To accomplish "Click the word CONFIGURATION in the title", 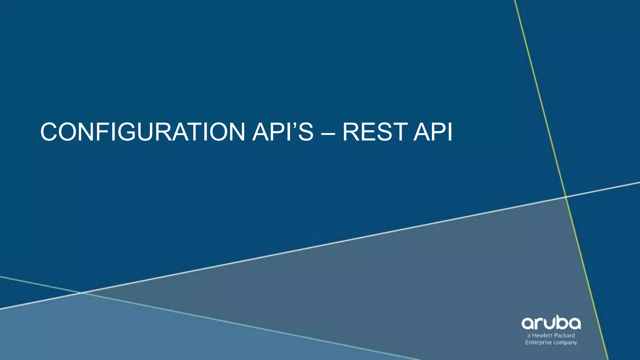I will pos(142,132).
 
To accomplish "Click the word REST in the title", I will pos(375,132).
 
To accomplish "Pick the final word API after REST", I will pos(433,132).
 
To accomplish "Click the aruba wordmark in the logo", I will pos(551,323).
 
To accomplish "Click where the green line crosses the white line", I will pos(566,197).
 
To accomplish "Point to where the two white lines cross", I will pos(81,293).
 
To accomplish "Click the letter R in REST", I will pos(352,132).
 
